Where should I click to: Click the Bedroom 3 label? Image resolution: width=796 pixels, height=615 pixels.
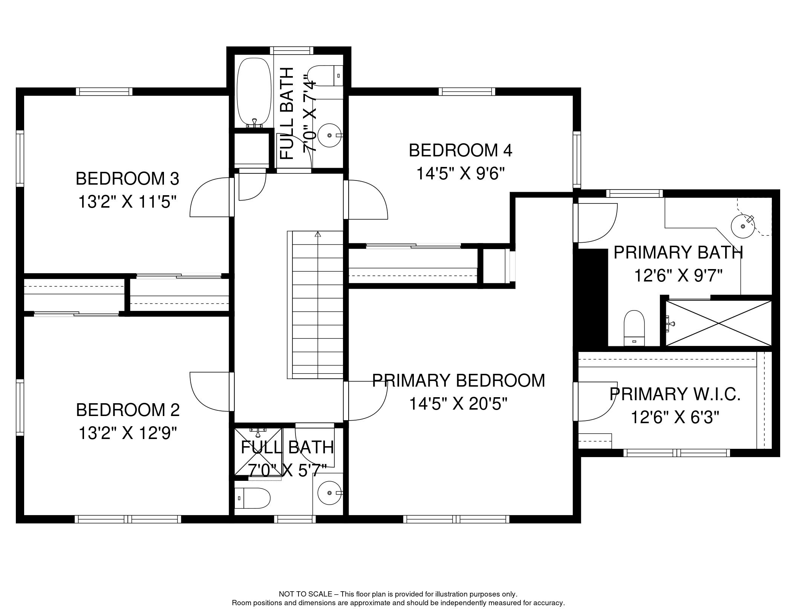pos(127,179)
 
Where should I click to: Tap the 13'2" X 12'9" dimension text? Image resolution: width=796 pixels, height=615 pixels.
pos(127,433)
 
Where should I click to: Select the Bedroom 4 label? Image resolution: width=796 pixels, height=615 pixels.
pos(461,150)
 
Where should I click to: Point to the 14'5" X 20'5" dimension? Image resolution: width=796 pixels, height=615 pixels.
pos(458,404)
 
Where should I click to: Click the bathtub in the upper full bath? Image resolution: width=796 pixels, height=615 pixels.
pos(254,92)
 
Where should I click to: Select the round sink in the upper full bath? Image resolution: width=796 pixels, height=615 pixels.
pos(330,135)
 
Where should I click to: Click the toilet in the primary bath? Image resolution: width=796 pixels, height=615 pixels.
pos(634,328)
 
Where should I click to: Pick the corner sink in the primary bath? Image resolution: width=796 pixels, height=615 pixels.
pos(743,226)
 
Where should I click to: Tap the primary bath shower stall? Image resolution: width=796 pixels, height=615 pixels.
pos(719,323)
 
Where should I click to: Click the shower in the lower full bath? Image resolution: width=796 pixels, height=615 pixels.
pos(258,451)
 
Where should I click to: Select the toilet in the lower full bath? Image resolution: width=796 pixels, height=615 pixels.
pos(252,498)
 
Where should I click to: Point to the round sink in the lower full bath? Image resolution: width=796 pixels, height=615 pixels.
pos(330,493)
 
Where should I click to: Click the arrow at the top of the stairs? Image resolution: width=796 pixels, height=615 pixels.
pos(318,234)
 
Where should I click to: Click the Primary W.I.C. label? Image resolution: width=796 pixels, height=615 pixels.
pos(675,394)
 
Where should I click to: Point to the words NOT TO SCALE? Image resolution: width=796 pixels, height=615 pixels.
pos(305,594)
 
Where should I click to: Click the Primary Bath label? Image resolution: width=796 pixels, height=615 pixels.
pos(678,252)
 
